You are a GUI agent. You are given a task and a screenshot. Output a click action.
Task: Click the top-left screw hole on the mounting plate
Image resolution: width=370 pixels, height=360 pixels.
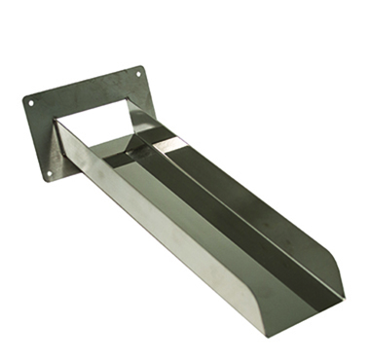click(x=31, y=101)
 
